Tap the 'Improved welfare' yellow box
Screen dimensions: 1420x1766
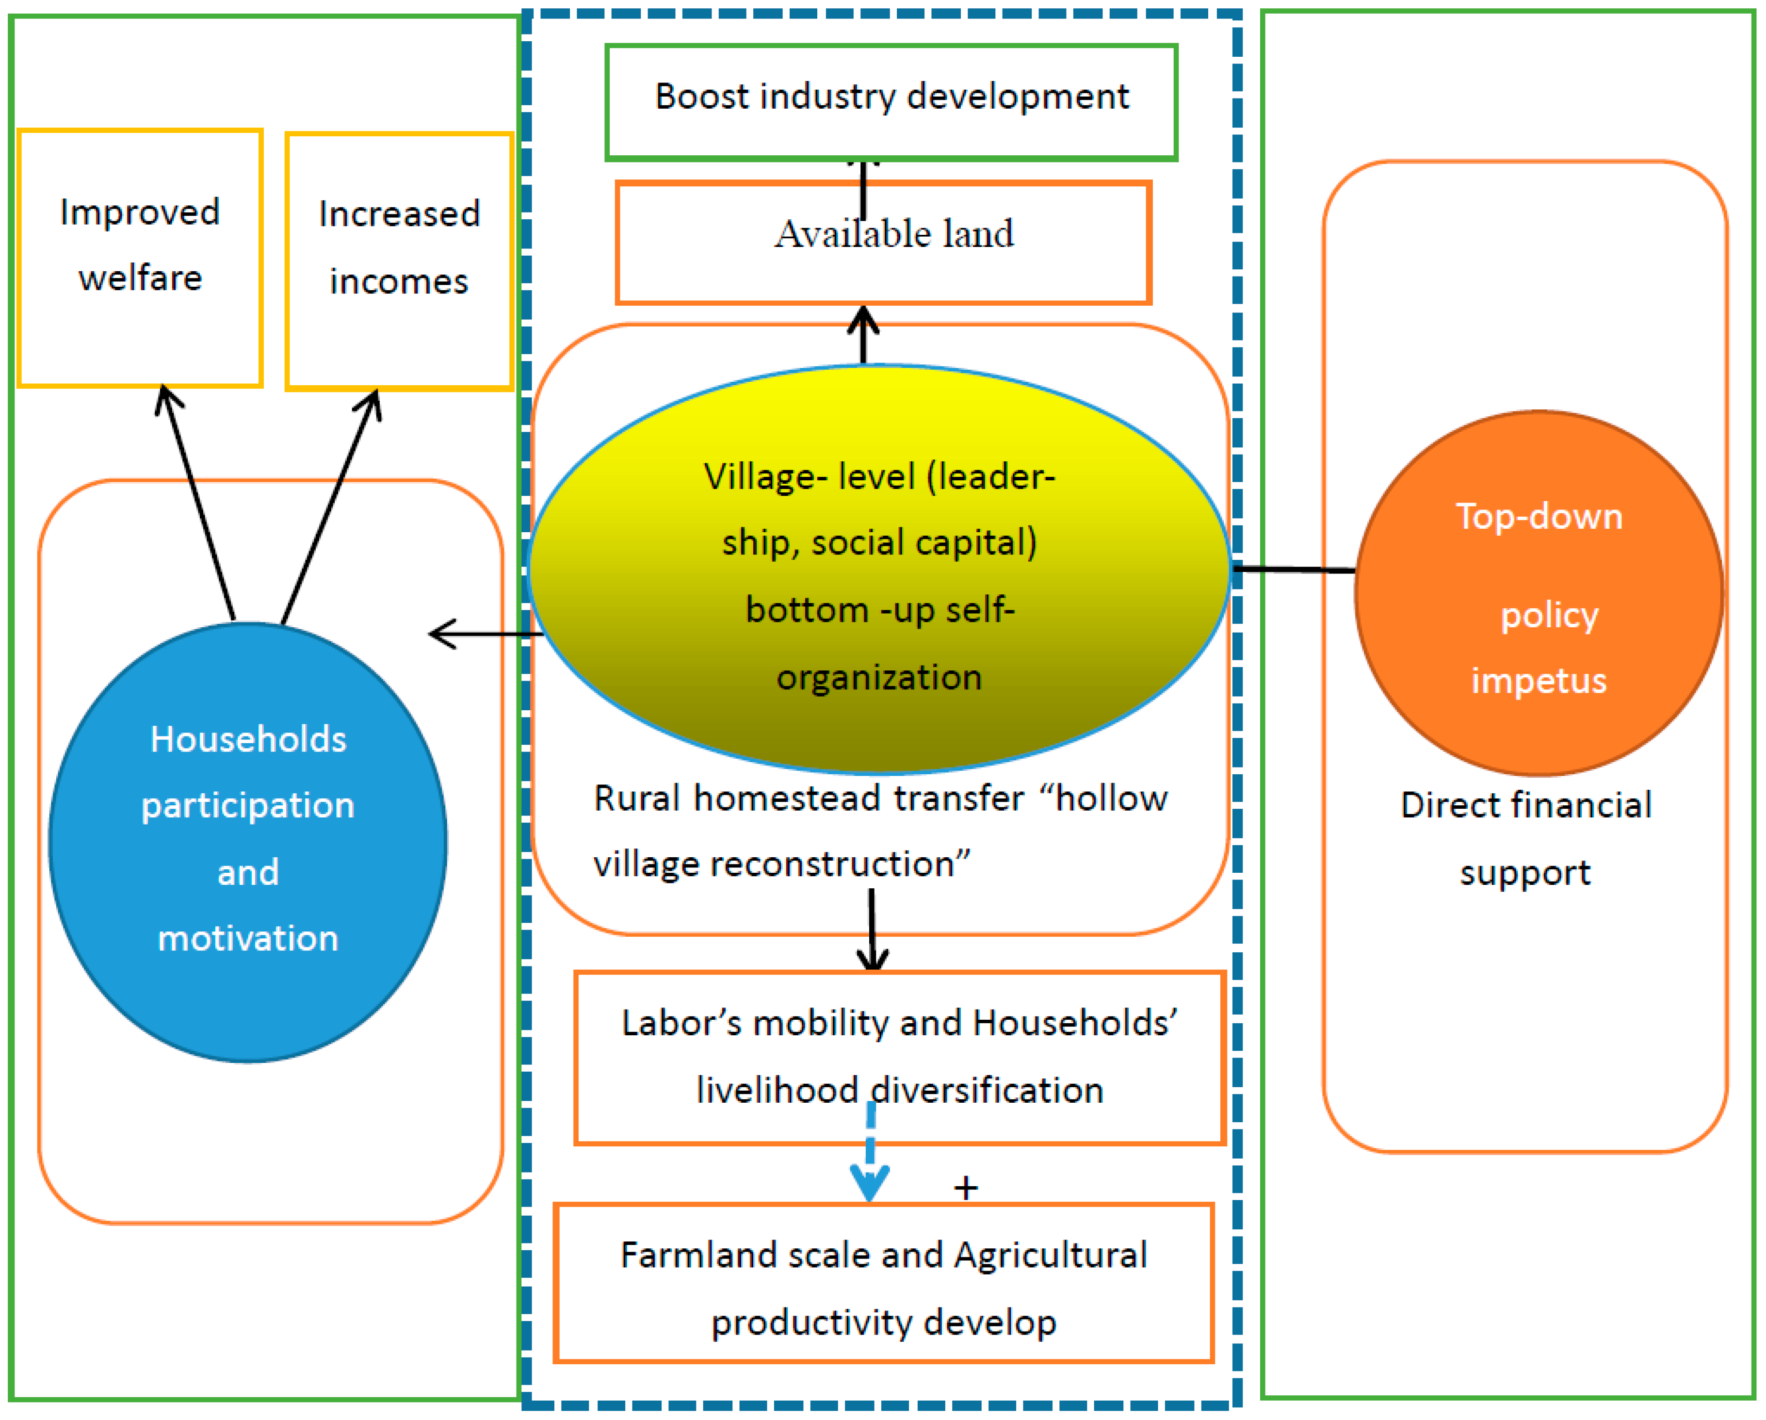tap(140, 257)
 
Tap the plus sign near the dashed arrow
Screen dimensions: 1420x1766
tap(966, 1187)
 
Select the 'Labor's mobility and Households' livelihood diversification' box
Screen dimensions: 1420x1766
tap(899, 1057)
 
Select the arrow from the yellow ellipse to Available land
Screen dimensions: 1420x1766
tap(863, 336)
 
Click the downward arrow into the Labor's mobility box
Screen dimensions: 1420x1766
tap(873, 930)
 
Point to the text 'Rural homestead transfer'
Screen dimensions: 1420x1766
tap(808, 798)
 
